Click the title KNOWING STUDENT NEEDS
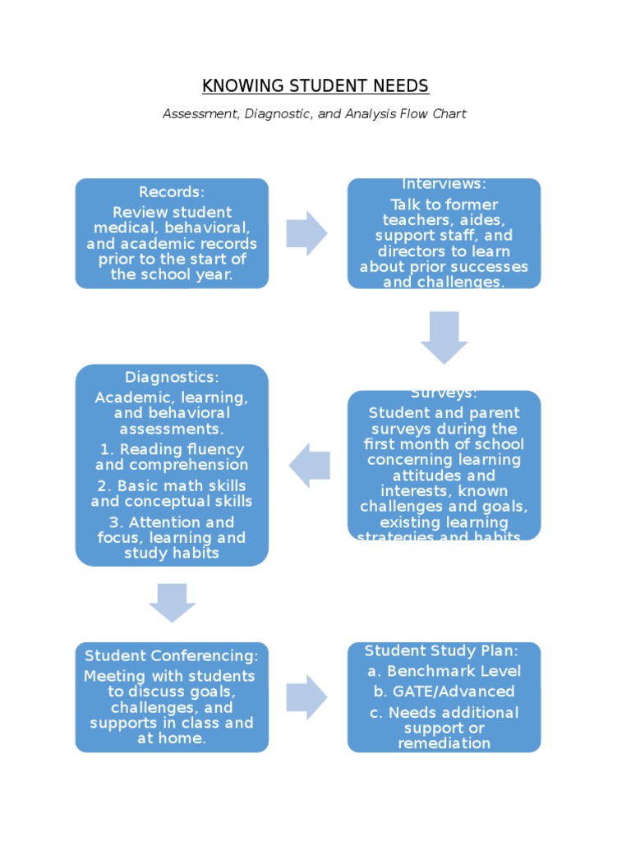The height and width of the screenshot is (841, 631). pyautogui.click(x=315, y=86)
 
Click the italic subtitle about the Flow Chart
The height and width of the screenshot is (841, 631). pyautogui.click(x=315, y=114)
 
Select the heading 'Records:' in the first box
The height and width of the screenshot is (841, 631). pyautogui.click(x=172, y=192)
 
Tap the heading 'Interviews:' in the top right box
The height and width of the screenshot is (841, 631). pyautogui.click(x=444, y=184)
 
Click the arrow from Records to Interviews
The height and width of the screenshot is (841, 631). pyautogui.click(x=306, y=233)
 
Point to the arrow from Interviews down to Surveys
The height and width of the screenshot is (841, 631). pyautogui.click(x=444, y=337)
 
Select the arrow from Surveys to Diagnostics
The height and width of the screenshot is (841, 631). pyautogui.click(x=310, y=465)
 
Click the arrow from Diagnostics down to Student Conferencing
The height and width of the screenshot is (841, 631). pyautogui.click(x=172, y=603)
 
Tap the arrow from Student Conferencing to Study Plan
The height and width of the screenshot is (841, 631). pyautogui.click(x=306, y=697)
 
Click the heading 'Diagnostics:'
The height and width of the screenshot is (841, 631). pyautogui.click(x=172, y=378)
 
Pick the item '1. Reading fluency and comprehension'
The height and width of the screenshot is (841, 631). pyautogui.click(x=172, y=457)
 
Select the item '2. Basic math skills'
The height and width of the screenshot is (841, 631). pyautogui.click(x=172, y=494)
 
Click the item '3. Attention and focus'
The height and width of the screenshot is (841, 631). pyautogui.click(x=172, y=537)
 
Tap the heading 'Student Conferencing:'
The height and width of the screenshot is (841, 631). pyautogui.click(x=172, y=656)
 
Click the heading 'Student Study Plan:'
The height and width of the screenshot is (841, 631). pyautogui.click(x=442, y=651)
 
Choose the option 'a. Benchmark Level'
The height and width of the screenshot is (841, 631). pyautogui.click(x=444, y=672)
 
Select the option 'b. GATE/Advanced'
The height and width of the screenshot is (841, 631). pyautogui.click(x=444, y=692)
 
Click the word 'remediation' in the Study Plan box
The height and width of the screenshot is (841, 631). pyautogui.click(x=444, y=743)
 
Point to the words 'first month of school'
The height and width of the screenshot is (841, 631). pyautogui.click(x=444, y=444)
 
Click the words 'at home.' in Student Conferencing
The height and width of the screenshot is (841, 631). pyautogui.click(x=172, y=738)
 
